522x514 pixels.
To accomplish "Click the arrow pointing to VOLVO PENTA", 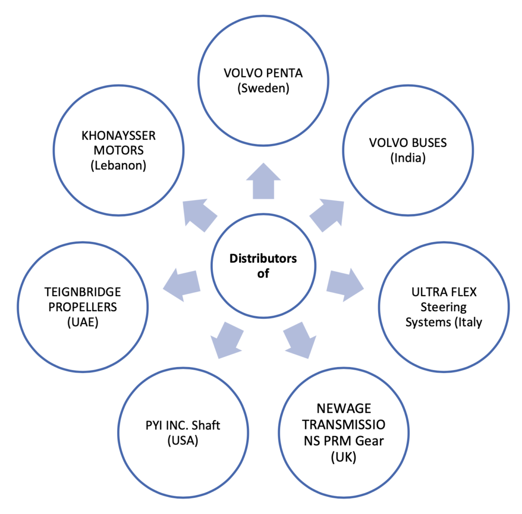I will click(263, 181).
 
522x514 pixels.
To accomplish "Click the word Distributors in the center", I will click(263, 259).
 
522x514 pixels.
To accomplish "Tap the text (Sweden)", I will click(263, 88).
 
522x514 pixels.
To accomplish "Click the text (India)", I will click(407, 158).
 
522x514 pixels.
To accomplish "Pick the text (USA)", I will click(182, 440).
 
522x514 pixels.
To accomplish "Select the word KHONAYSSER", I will click(118, 135).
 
